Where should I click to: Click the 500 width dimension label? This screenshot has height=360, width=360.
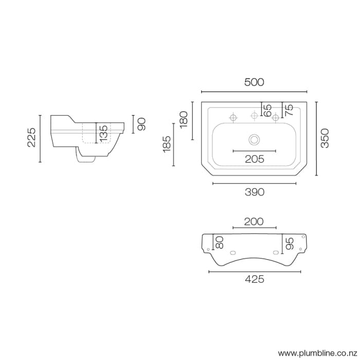click(x=254, y=82)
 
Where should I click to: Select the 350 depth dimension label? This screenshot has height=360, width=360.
click(x=325, y=138)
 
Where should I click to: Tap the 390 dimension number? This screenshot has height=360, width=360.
click(x=254, y=192)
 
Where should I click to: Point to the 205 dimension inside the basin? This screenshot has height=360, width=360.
click(x=254, y=159)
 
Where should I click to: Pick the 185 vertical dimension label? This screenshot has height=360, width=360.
click(x=166, y=145)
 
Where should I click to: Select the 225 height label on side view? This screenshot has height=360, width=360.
click(x=31, y=138)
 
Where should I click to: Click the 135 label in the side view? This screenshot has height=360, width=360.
click(x=103, y=133)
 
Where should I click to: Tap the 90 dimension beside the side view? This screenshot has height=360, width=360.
click(x=142, y=123)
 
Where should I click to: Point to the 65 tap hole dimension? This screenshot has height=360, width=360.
click(x=267, y=109)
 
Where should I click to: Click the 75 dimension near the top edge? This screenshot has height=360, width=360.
click(x=289, y=109)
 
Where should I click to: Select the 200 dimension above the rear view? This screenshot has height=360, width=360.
click(x=254, y=222)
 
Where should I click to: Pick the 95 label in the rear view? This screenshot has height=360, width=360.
click(x=289, y=244)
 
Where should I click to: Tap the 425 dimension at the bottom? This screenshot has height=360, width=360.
click(x=254, y=279)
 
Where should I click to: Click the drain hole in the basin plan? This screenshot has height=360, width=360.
click(x=254, y=139)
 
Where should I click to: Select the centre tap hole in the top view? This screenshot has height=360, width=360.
click(x=254, y=116)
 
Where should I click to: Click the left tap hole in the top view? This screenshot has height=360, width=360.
click(x=232, y=118)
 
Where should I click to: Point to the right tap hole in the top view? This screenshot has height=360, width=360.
click(x=276, y=118)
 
